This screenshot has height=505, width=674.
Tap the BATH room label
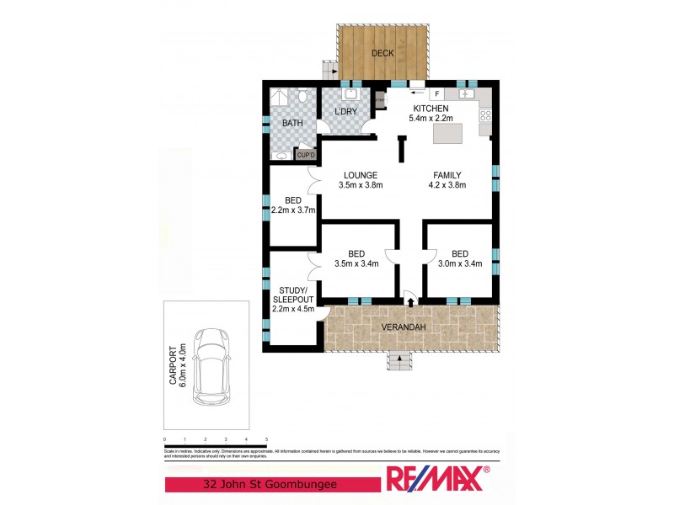(292, 123)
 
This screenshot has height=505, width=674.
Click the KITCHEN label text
(431, 109)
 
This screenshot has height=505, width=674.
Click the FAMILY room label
(447, 175)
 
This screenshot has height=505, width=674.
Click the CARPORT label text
(172, 366)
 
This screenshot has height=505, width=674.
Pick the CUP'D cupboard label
(305, 154)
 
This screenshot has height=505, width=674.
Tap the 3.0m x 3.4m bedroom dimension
(459, 263)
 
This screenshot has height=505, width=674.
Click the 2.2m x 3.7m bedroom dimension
(292, 210)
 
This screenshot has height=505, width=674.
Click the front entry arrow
(410, 300)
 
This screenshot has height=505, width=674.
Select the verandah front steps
(399, 363)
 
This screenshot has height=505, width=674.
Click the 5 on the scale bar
(266, 439)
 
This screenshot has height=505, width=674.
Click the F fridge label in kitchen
(437, 93)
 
